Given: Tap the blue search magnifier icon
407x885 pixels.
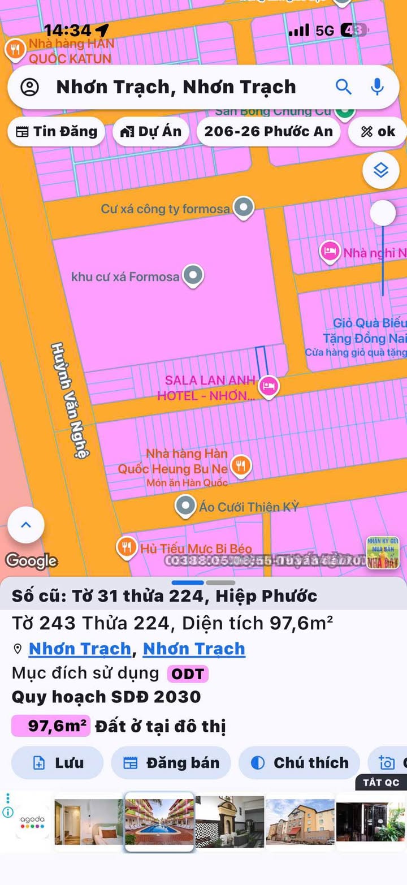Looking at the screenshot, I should coord(344,87).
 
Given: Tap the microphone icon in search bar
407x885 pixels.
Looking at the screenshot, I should coord(377,87).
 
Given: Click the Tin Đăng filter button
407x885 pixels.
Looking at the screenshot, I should coord(56,131).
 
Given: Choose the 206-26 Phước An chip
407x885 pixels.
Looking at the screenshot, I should coord(269,131).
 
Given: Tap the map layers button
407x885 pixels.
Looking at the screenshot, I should coord(381,170).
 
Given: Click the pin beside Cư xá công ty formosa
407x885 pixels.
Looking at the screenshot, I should coord(244,208).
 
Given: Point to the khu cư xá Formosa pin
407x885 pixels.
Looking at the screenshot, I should coord(193,276).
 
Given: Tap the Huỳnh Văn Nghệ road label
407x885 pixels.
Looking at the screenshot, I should coord(70,400).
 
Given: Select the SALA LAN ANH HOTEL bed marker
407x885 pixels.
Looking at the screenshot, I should coord(269,387).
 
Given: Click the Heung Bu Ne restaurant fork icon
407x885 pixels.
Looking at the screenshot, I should coord(241,466).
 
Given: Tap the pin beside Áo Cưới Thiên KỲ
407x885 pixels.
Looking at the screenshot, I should coord(185,506).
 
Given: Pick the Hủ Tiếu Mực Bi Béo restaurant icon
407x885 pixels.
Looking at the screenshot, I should coord(126,547).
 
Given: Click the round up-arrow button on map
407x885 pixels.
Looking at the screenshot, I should coord(26,525).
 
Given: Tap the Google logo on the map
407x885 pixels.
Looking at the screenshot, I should coord(31,560).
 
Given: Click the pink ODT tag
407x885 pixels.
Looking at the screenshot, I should coord(188,674).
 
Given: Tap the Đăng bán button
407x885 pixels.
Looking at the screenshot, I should coord(171,763).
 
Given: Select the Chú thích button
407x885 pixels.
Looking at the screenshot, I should coord(299,763).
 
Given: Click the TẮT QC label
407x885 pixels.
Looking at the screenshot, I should coord(381,783).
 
